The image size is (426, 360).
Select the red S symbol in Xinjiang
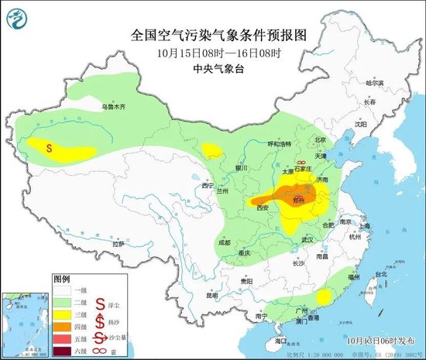pos(50,146)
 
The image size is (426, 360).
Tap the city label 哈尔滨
pos(374,82)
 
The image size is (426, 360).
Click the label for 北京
pos(316,140)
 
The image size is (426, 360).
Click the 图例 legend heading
pos(61,278)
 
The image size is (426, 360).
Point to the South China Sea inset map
pos(26,322)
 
